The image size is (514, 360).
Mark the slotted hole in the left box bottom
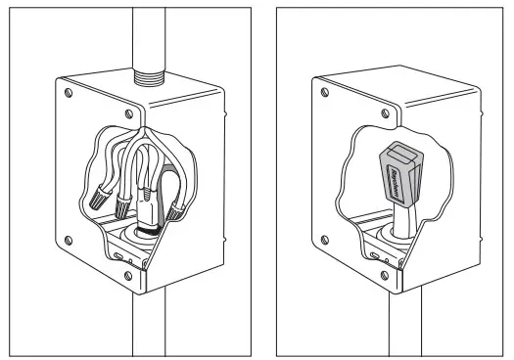tap(120, 255)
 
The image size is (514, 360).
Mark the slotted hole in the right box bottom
tap(378, 255)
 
